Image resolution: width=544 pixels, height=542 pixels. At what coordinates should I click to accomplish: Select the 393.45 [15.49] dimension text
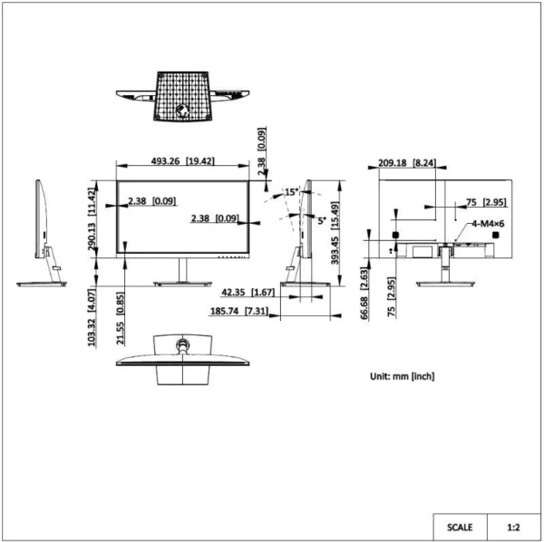(336, 232)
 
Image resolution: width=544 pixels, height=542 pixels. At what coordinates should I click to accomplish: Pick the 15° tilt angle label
(291, 192)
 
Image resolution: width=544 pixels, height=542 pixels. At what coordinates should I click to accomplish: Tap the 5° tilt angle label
(322, 219)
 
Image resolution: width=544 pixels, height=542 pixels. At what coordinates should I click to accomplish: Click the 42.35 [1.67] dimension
(248, 292)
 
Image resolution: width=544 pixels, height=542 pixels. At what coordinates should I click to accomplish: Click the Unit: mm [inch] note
(402, 374)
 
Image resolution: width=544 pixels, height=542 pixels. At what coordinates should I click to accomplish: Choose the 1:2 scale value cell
(513, 527)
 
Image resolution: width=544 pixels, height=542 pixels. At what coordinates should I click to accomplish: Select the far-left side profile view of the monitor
(43, 233)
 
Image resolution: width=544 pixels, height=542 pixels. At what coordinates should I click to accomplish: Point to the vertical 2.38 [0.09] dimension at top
(261, 154)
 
